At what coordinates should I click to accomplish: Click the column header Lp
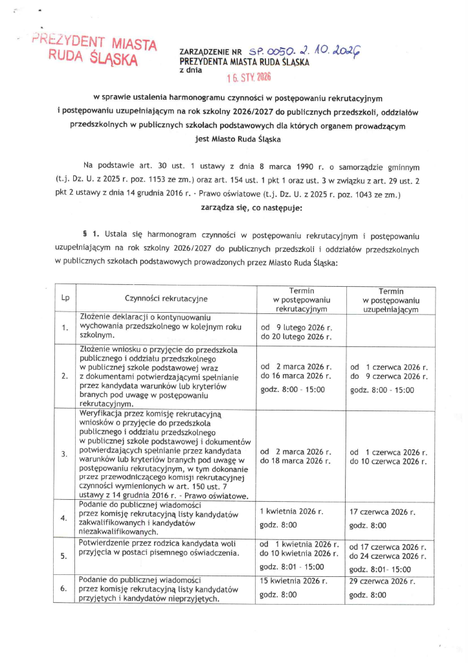[65, 298]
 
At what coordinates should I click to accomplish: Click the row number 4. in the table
[65, 518]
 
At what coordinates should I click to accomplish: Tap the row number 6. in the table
[65, 588]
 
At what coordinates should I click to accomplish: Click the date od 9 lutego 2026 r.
[296, 327]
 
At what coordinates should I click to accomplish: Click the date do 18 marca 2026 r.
[296, 461]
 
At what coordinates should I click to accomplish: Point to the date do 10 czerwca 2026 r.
[388, 461]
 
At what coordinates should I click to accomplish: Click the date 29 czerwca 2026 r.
[382, 580]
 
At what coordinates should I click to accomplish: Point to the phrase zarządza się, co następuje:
[234, 208]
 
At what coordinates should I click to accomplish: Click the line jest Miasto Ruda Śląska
[234, 138]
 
